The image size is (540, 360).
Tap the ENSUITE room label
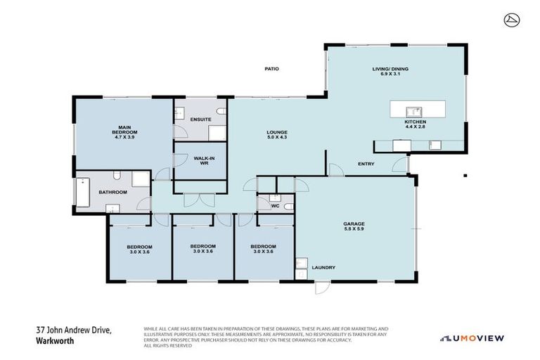201,120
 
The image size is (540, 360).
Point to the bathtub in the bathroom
83,192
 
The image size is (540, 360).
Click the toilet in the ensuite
221,112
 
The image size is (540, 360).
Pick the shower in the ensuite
217,134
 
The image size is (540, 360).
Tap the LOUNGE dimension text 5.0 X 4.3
276,138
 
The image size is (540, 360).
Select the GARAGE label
353,223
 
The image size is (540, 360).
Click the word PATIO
271,69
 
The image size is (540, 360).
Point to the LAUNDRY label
324,267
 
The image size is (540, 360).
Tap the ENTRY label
366,164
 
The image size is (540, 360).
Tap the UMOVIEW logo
472,338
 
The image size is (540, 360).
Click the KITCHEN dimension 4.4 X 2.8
415,128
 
